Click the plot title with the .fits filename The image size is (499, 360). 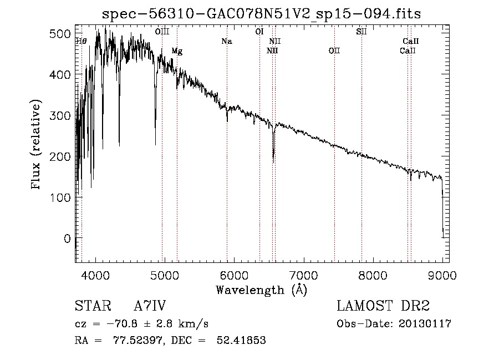pos(262,14)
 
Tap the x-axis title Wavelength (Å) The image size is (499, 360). pos(261,290)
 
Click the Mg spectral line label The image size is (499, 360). pos(177,51)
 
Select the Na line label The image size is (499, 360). pos(226,41)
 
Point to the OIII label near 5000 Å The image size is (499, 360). pos(162,32)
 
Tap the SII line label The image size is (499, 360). pos(361,32)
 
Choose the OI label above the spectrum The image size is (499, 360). pos(259,32)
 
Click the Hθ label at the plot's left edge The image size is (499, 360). pos(81,41)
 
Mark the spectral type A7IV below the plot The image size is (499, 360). pos(150,306)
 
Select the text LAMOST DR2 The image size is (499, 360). pos(383,306)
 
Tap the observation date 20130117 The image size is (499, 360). pos(424,324)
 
